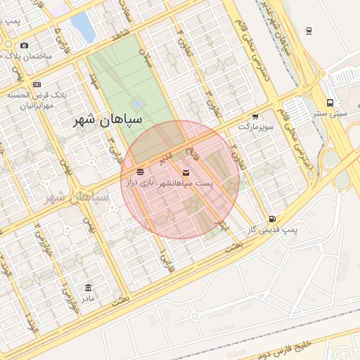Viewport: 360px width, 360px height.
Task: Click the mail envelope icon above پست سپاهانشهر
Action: pyautogui.click(x=186, y=172)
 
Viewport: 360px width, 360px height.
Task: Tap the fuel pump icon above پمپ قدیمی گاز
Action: pyautogui.click(x=272, y=219)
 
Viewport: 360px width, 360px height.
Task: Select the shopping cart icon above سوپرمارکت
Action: pyautogui.click(x=255, y=117)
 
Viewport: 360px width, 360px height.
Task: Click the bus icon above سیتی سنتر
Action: pyautogui.click(x=330, y=103)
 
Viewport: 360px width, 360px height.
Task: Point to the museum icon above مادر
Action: pyautogui.click(x=88, y=288)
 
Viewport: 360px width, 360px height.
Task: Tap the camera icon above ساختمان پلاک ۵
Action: pyautogui.click(x=25, y=46)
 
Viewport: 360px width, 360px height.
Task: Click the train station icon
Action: pyautogui.click(x=309, y=31)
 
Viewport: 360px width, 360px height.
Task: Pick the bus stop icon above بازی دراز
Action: pyautogui.click(x=141, y=172)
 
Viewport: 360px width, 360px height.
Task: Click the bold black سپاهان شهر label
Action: pyautogui.click(x=108, y=120)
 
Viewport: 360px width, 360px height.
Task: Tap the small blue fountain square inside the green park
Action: pyautogui.click(x=137, y=104)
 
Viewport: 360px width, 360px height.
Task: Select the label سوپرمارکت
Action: pyautogui.click(x=255, y=127)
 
